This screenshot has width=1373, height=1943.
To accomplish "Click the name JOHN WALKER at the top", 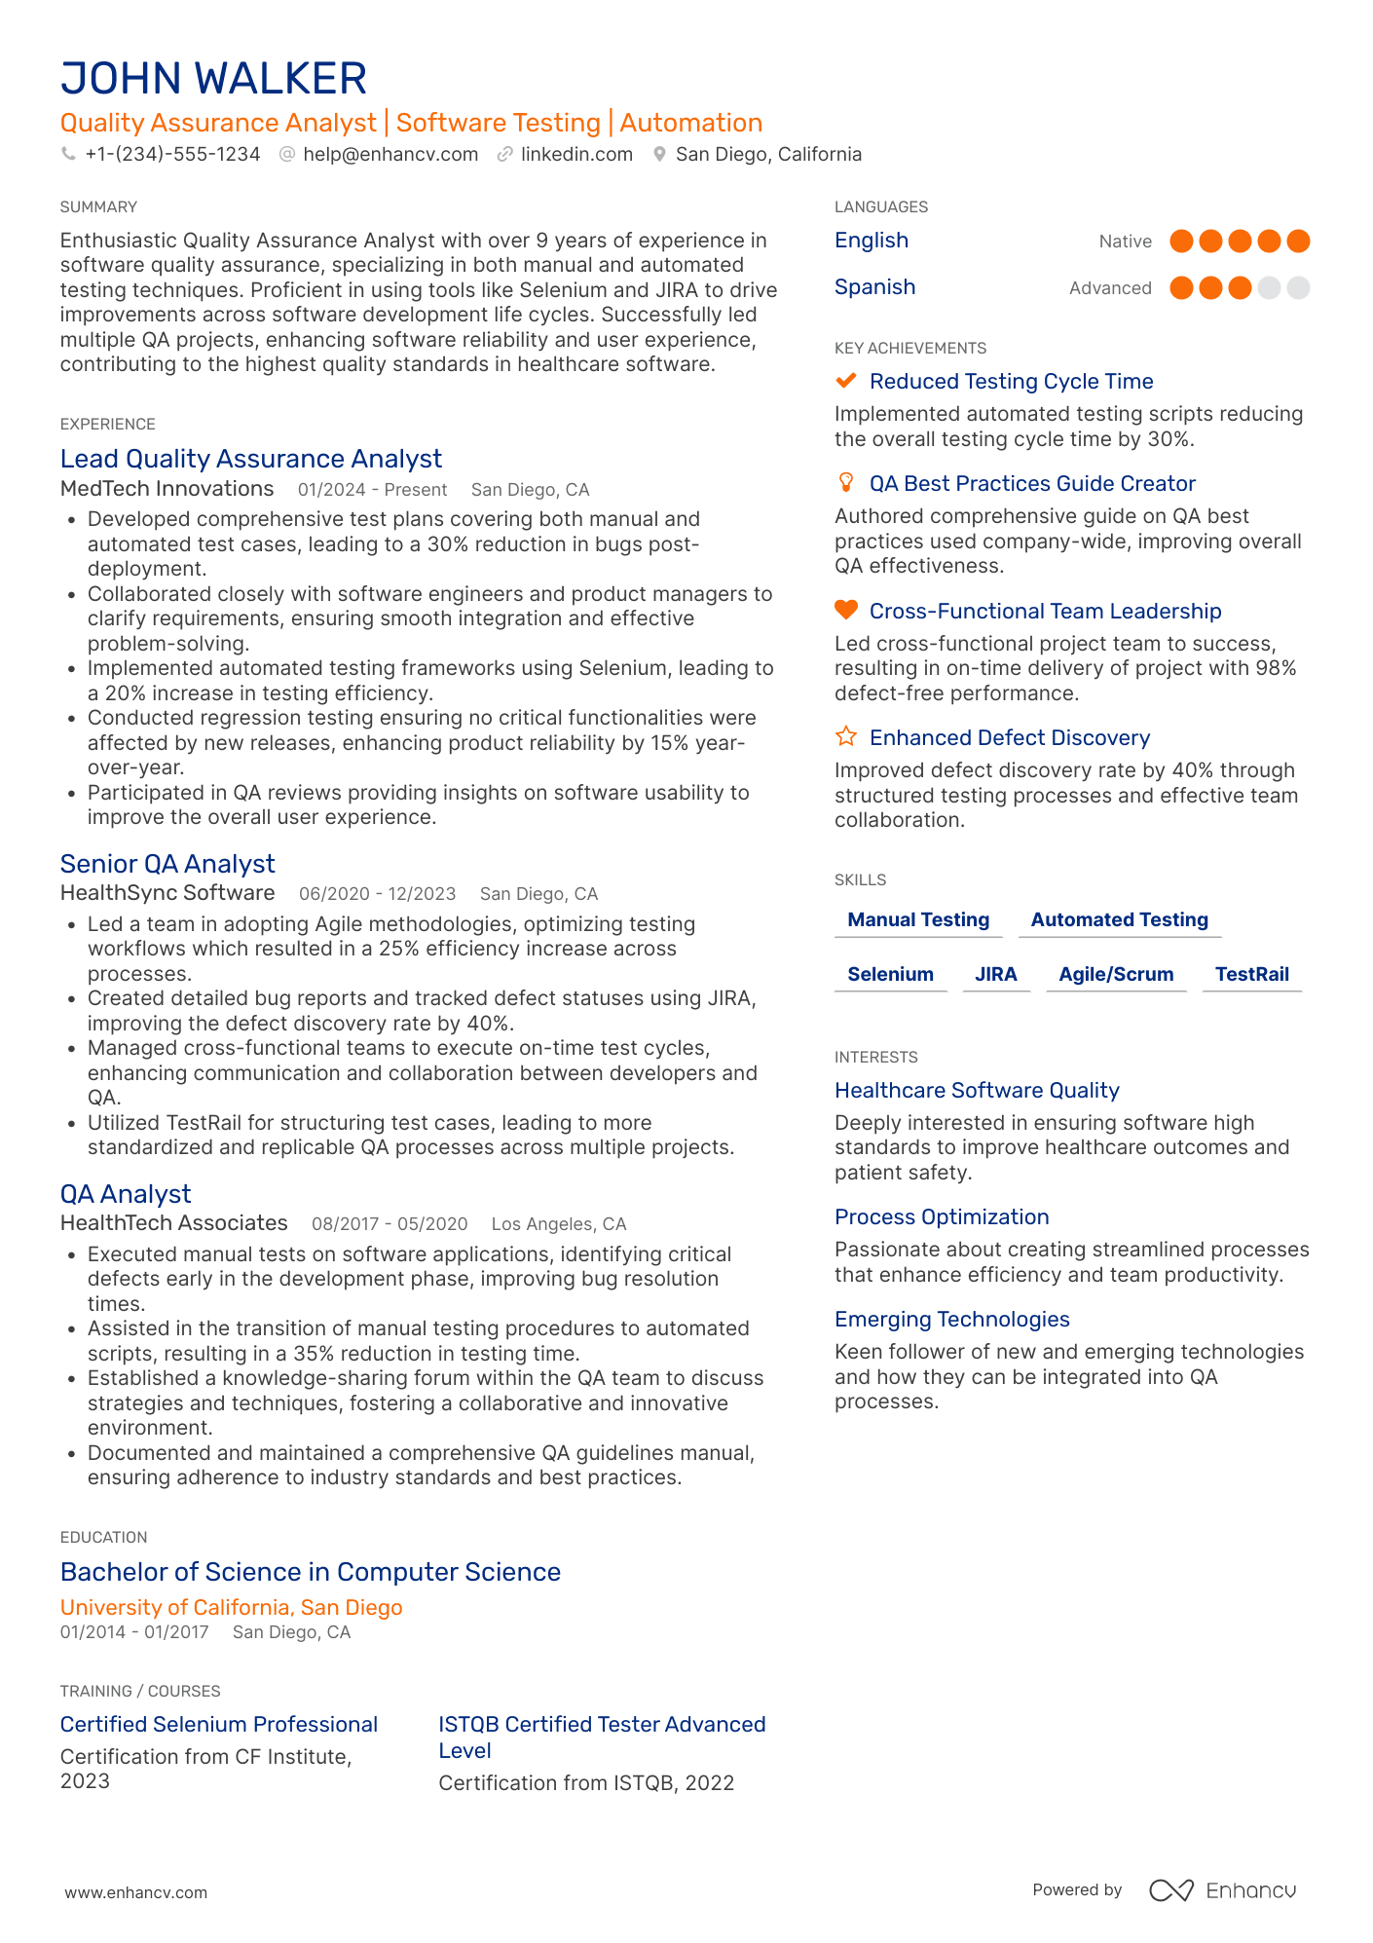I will click(x=213, y=79).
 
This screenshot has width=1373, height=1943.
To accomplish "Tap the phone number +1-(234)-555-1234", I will click(x=172, y=155).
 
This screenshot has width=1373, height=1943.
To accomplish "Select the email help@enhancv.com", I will click(x=390, y=155).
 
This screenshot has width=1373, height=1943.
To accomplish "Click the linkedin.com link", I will click(x=576, y=155).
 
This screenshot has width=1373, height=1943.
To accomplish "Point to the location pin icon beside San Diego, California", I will click(x=659, y=155).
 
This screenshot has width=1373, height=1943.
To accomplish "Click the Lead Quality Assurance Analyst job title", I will click(x=250, y=459).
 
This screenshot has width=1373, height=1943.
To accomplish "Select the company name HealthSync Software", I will click(x=167, y=893).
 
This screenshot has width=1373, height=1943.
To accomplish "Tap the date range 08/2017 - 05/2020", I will click(x=390, y=1224).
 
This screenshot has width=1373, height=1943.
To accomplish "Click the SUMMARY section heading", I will click(x=98, y=207).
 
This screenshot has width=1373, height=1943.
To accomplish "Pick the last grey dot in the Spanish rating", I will click(x=1298, y=288).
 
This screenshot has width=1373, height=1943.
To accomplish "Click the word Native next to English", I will click(x=1125, y=242).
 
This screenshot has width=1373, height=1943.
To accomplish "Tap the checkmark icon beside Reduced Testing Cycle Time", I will click(x=846, y=381).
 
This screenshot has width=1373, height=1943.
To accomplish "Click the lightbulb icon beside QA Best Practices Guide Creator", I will click(x=846, y=483).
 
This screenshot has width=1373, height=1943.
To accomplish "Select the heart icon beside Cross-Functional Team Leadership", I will click(x=846, y=611).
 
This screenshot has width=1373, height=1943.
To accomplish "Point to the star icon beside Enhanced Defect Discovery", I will click(x=846, y=737).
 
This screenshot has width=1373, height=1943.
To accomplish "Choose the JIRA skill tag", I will click(x=995, y=975).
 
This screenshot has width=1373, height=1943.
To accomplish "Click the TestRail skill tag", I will click(x=1251, y=975).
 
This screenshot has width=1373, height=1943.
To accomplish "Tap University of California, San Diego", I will click(x=231, y=1608).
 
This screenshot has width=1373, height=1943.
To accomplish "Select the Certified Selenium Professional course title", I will click(x=218, y=1725).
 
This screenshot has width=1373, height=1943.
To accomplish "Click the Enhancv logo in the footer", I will click(x=1223, y=1890).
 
